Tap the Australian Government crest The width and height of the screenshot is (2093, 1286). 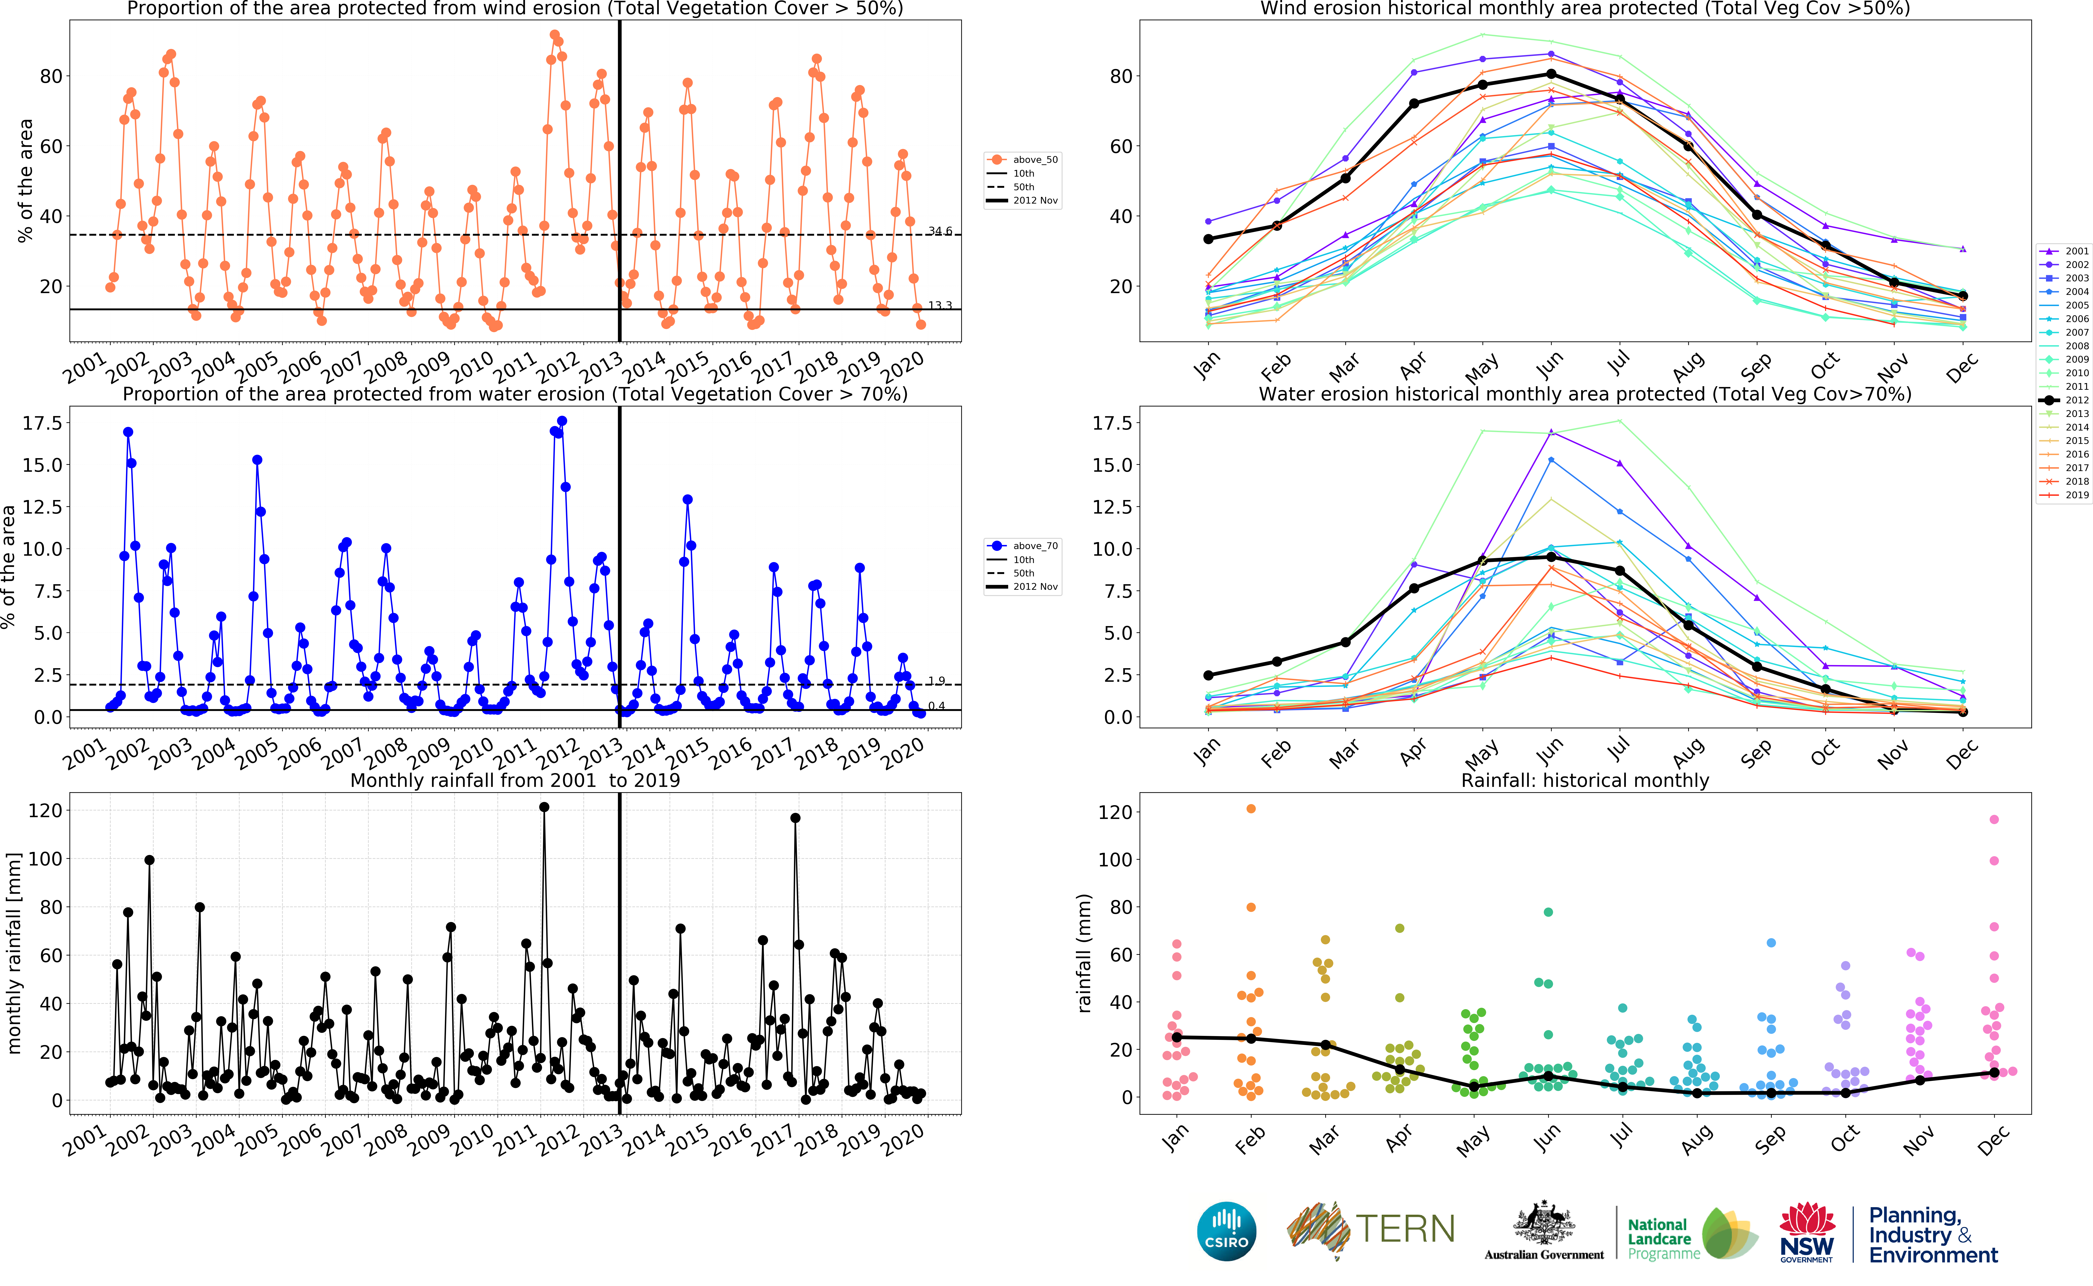click(x=1544, y=1223)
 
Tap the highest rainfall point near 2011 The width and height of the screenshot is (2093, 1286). click(x=544, y=807)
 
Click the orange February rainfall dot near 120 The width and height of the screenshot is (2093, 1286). click(x=1250, y=809)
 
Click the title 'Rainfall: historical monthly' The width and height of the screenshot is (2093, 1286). click(x=1585, y=780)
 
